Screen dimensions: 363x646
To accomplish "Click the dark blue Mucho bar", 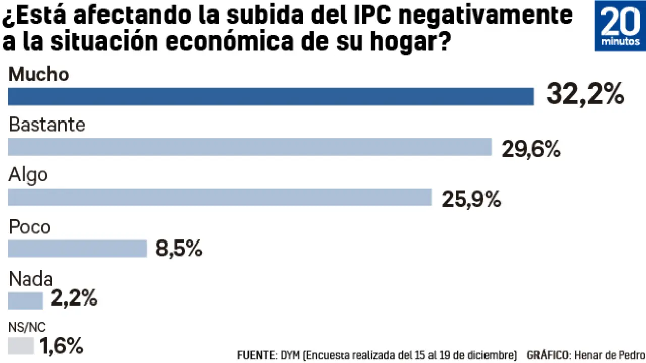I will click(x=271, y=96).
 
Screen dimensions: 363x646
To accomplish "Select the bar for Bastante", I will click(x=249, y=147).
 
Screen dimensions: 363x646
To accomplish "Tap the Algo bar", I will click(x=220, y=197).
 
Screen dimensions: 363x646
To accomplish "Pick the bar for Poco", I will click(x=77, y=249).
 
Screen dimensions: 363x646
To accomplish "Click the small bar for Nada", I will click(x=25, y=300).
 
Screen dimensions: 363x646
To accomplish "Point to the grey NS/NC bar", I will click(x=21, y=346).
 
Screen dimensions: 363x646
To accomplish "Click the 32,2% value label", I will click(x=585, y=94).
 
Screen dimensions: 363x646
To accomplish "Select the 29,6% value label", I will click(x=531, y=149).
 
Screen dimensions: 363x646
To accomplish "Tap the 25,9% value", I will click(x=471, y=199).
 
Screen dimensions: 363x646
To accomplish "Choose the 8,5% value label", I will click(x=179, y=249).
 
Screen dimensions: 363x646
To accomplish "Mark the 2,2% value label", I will click(x=74, y=299).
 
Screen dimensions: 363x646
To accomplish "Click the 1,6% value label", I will click(x=61, y=346).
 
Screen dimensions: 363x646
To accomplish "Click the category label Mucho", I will click(x=38, y=75).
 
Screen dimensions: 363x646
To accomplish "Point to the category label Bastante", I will click(x=47, y=125).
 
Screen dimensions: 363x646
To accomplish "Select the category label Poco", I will click(x=30, y=226).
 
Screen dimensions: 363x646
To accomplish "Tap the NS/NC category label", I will click(x=27, y=327).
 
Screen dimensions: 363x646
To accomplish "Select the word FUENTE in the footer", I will click(x=255, y=354).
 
